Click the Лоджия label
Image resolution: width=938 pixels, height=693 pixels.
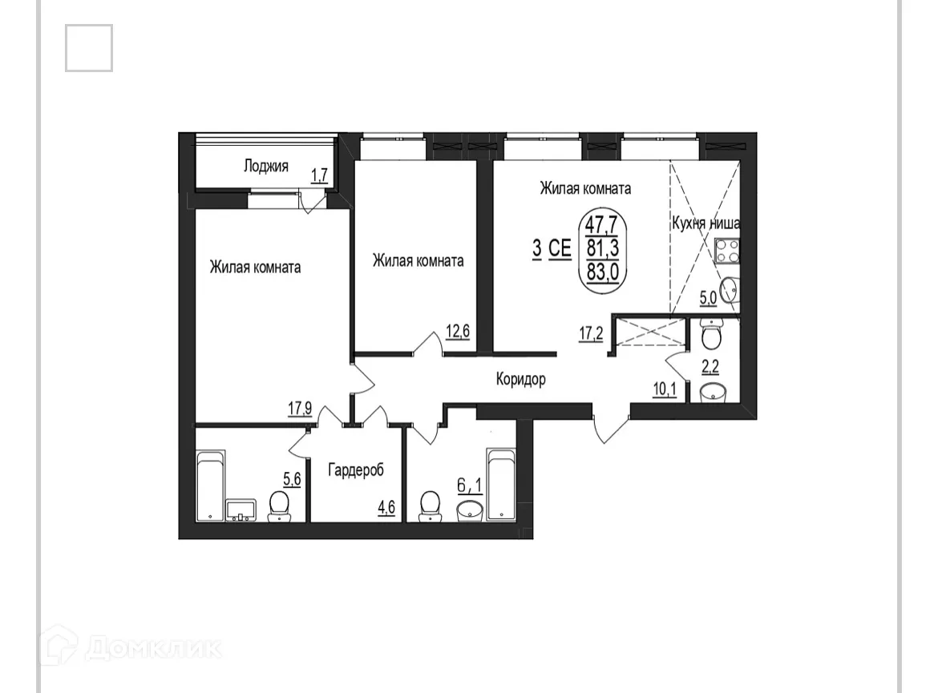(x=265, y=167)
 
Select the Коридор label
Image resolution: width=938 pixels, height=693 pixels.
(x=520, y=379)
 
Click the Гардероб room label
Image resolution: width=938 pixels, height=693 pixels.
(x=355, y=469)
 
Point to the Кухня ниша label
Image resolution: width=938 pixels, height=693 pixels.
(x=706, y=224)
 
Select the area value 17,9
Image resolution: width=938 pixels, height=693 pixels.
(x=299, y=407)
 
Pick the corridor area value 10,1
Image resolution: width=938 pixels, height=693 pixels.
(x=665, y=390)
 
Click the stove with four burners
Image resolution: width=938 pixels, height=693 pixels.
(x=726, y=252)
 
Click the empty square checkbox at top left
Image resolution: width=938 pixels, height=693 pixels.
(x=89, y=48)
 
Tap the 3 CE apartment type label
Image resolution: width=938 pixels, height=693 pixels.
(x=552, y=248)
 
